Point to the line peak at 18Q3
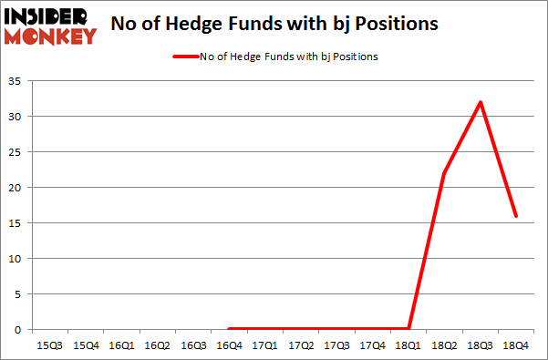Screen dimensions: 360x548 tap(481, 101)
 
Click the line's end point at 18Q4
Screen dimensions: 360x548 tap(516, 215)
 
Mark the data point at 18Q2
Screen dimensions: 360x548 tap(444, 173)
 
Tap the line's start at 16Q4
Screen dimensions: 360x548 tap(229, 329)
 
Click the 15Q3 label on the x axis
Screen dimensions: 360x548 tap(49, 345)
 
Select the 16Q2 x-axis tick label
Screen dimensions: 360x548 tap(157, 345)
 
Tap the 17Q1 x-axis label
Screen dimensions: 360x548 tap(264, 345)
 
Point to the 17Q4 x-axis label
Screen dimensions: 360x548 tap(372, 345)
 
